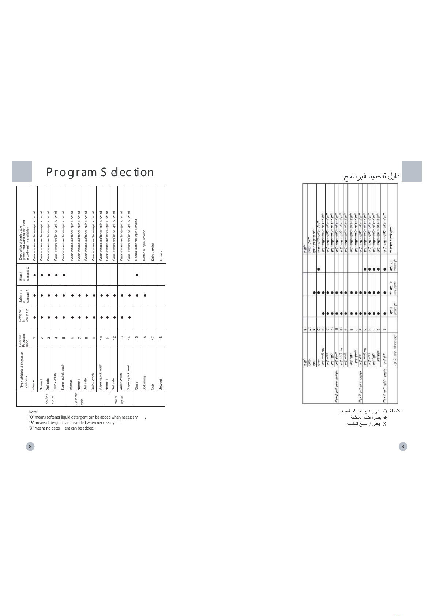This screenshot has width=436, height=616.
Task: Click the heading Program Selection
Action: [x=100, y=172]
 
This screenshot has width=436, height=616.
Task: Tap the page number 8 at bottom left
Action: [x=30, y=446]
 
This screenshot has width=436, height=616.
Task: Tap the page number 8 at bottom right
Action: [x=403, y=446]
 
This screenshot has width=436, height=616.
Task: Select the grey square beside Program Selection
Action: [x=22, y=171]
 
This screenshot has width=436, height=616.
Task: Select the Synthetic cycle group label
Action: [x=79, y=399]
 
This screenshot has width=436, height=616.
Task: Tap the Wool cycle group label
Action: [x=119, y=399]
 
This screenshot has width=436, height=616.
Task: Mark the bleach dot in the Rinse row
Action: [x=137, y=275]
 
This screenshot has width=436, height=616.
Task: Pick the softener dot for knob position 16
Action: [x=145, y=295]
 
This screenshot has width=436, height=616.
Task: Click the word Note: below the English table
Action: [x=33, y=412]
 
